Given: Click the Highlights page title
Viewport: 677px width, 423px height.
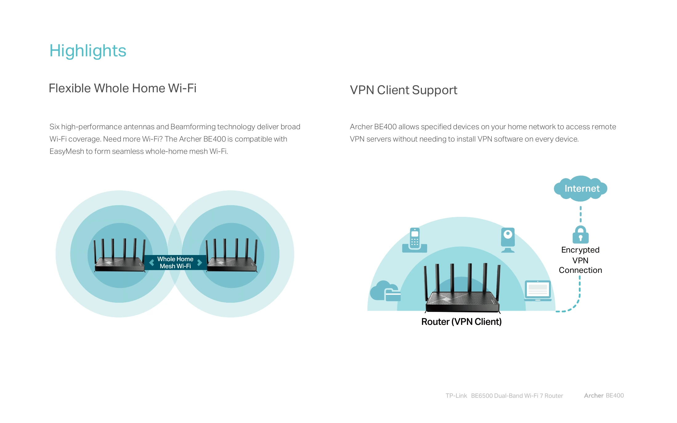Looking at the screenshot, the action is coord(88,51).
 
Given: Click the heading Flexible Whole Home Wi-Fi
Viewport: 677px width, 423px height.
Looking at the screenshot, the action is coord(122,88).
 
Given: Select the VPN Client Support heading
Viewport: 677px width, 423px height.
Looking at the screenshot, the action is coord(403,90).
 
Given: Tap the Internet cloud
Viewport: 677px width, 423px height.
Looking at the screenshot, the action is coord(581,188).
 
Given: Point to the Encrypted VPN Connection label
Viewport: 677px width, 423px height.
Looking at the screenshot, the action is coord(580,260).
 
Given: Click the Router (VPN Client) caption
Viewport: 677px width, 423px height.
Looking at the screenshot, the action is coord(461,322).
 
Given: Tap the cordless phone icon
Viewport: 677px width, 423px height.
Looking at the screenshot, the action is coord(415,240).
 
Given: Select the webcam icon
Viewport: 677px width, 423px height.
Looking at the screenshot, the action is coord(508,240).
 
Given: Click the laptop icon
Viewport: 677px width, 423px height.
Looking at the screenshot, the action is coord(538,291).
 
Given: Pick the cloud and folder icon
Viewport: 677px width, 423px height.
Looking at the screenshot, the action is coord(385,291).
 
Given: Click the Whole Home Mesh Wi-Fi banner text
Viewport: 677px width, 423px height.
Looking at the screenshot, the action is coord(175,263).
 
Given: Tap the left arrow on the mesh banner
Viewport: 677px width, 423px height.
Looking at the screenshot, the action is coord(151,263).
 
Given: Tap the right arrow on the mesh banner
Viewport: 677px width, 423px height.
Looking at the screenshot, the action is coord(199,263).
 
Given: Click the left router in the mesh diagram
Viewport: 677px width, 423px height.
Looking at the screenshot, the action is coord(120,255).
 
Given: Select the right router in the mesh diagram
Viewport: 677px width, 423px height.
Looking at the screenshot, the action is coord(232,255).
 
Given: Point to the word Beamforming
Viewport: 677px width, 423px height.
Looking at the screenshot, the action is coord(193,127).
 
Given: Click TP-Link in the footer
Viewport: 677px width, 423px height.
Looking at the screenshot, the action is coord(456,396).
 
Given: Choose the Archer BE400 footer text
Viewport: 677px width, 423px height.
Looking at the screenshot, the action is coord(604,396).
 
